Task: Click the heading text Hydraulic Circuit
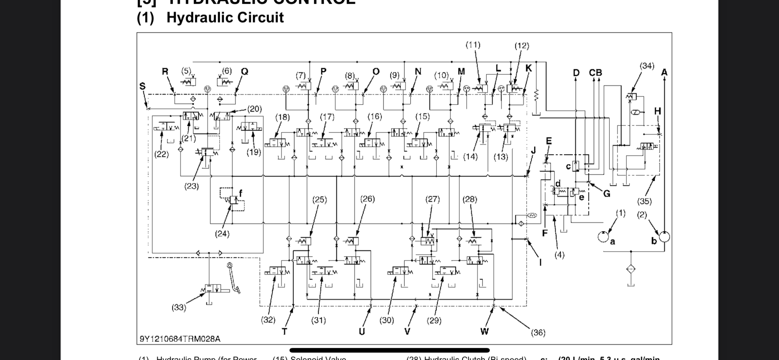point(225,17)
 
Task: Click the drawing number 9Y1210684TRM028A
point(180,339)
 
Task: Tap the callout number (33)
point(179,308)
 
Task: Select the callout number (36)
point(538,333)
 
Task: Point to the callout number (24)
point(222,234)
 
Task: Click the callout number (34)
point(647,66)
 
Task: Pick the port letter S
point(142,86)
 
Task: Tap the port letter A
point(664,72)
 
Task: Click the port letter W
point(484,331)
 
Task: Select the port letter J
point(533,150)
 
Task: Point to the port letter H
point(657,111)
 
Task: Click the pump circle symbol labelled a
point(603,237)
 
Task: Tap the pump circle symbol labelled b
point(664,237)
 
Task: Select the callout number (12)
point(522,46)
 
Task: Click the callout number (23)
point(191,186)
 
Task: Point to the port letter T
point(284,332)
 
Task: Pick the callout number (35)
point(644,201)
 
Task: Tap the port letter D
point(576,73)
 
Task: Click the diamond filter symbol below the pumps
point(631,269)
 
